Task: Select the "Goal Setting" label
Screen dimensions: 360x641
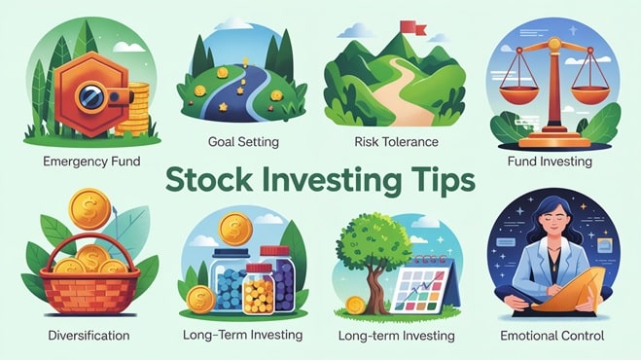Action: (243, 142)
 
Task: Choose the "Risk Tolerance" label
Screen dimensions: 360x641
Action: (397, 142)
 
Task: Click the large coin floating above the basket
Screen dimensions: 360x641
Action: (90, 208)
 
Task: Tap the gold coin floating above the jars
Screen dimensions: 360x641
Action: (236, 232)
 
